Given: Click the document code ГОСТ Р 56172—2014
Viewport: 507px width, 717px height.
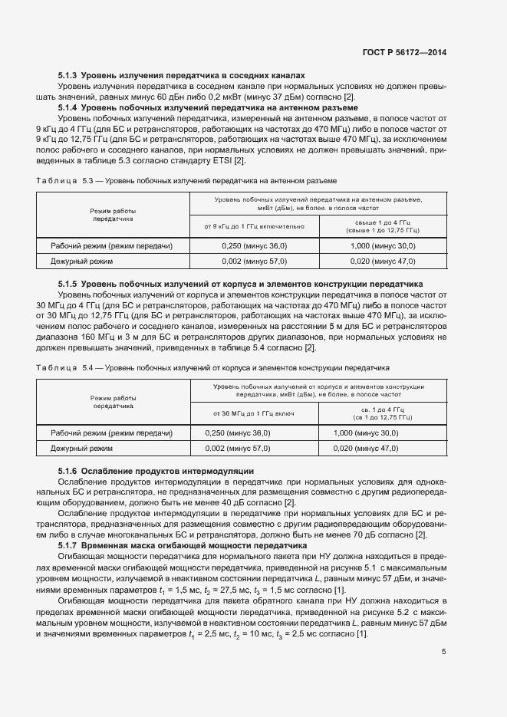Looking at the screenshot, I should coord(405,52).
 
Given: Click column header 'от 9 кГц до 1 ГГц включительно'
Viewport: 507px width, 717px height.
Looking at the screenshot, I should coord(254,226).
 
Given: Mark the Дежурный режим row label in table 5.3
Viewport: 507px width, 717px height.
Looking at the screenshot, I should coord(82,261).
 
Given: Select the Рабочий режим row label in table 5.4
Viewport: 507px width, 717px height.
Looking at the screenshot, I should coord(111,433).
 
